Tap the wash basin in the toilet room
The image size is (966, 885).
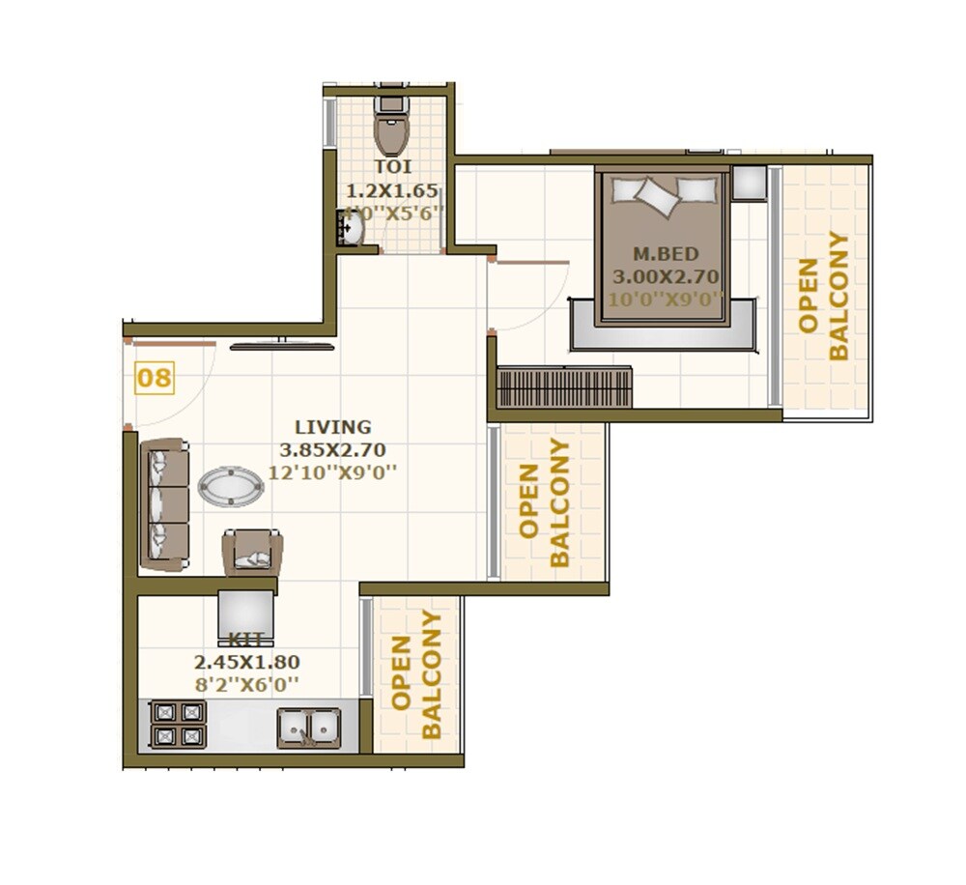352,228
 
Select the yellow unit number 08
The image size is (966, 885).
155,378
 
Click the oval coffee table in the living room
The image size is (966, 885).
231,486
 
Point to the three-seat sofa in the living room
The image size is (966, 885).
164,503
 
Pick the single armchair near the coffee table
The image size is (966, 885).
252,553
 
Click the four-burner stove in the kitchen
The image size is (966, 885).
179,724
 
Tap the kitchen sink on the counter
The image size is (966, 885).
309,727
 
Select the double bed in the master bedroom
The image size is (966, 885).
663,246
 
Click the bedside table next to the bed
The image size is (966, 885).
749,183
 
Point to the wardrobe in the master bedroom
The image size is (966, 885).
564,386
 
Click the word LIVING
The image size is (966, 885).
332,427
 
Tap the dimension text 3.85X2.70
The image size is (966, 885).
332,449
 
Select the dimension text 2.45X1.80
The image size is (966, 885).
247,663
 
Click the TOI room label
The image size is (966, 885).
392,167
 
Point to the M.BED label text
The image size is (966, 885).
665,254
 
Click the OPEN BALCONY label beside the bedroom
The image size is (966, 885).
824,296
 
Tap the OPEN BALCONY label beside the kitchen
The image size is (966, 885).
417,674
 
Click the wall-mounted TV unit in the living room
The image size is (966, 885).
282,345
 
